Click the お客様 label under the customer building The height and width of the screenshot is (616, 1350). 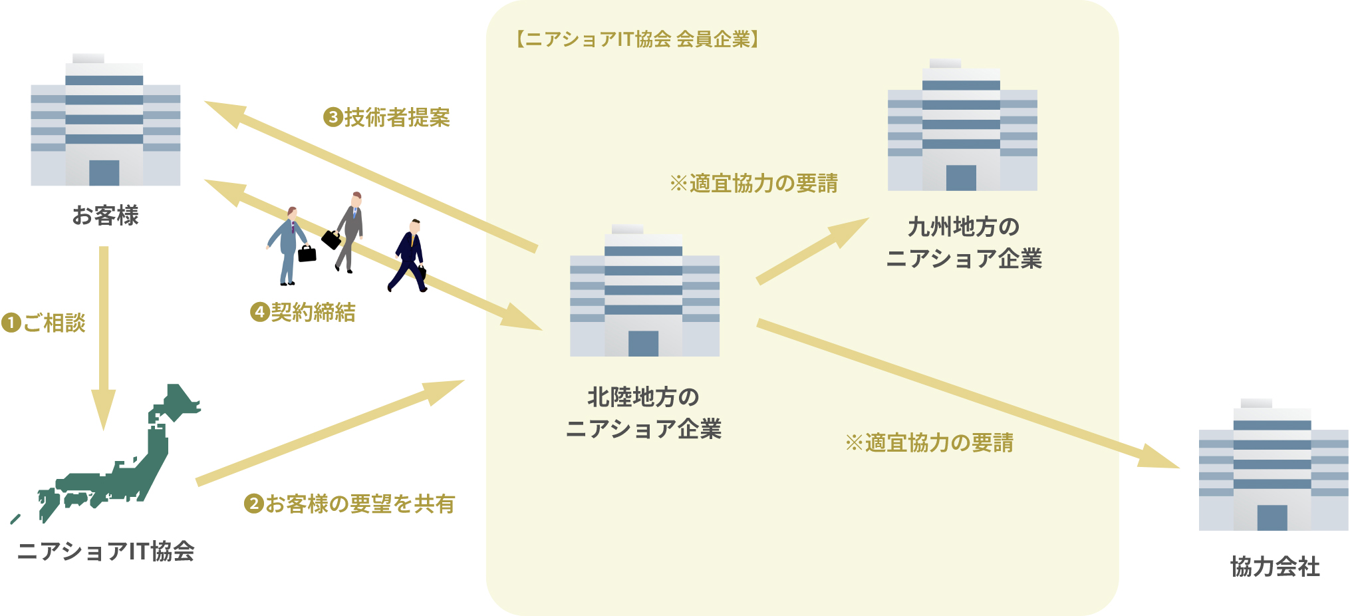point(105,216)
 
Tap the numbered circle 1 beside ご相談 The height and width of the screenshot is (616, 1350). point(11,323)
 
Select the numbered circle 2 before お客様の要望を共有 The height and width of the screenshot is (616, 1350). point(253,504)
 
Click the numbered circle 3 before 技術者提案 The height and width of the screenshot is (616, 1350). point(333,118)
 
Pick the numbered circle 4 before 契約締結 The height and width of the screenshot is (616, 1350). point(259,312)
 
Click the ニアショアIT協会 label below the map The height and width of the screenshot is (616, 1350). point(105,551)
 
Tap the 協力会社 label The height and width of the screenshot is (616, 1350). point(1274,567)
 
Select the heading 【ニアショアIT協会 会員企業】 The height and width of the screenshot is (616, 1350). point(637,39)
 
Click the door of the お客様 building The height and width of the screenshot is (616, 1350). point(104,172)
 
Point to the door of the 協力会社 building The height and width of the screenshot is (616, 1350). point(1272,518)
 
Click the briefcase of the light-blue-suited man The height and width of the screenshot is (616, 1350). point(307,253)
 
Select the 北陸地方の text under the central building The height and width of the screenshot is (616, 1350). point(643,397)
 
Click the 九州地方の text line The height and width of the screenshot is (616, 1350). point(963,227)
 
